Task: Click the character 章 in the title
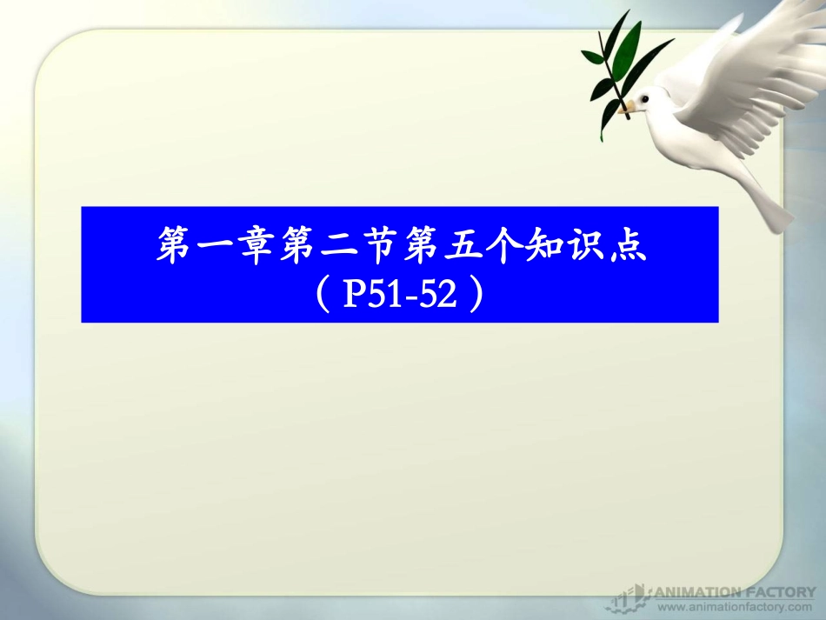pyautogui.click(x=258, y=248)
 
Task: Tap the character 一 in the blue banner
pyautogui.click(x=216, y=248)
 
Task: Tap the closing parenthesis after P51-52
pyautogui.click(x=475, y=297)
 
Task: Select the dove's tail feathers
pyautogui.click(x=770, y=204)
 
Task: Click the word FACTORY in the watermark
pyautogui.click(x=775, y=591)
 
